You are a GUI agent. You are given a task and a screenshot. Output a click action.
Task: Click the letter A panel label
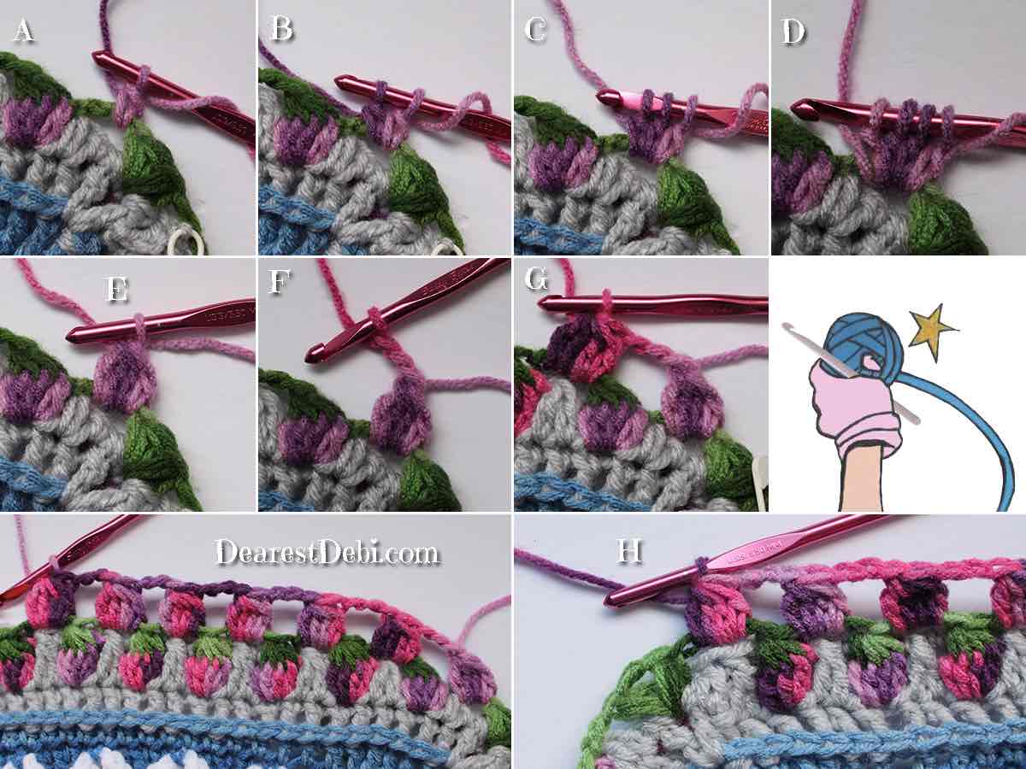[24, 32]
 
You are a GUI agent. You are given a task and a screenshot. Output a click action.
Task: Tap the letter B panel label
[282, 28]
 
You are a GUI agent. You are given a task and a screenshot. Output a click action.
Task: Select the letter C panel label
[535, 30]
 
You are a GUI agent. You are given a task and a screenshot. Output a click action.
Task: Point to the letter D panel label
[793, 32]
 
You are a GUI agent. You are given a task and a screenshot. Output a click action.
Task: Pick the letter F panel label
[280, 281]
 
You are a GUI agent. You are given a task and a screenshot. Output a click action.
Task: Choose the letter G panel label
[537, 279]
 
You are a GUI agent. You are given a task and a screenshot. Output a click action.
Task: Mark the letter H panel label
[629, 551]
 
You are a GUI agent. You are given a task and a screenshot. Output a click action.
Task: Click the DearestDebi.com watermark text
[327, 552]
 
